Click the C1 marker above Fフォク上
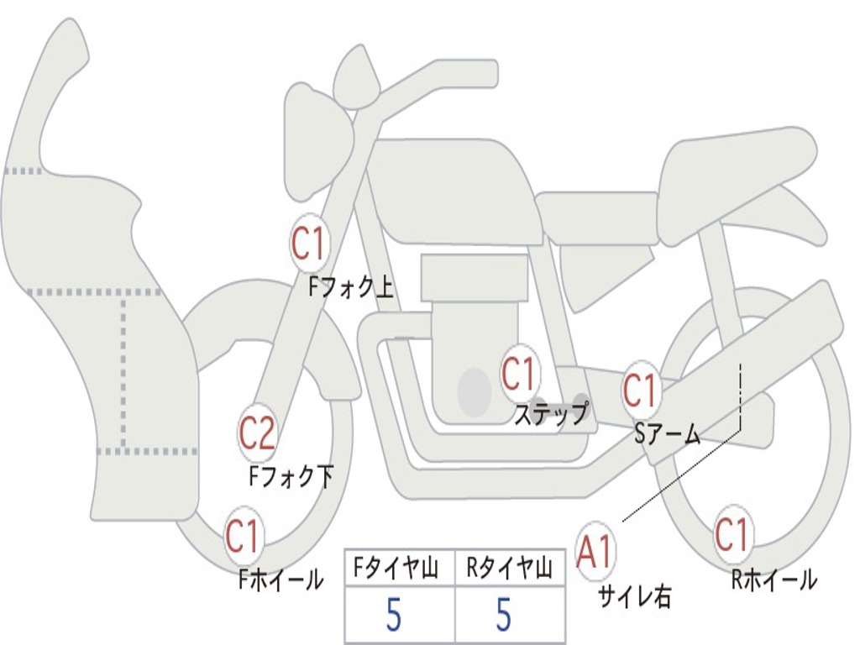point(310,244)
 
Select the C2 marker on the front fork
point(258,433)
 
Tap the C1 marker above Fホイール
point(243,535)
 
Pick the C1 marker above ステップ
point(519,374)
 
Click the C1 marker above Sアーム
point(640,390)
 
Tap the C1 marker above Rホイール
point(732,534)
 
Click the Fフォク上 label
point(351,286)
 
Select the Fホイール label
point(281,579)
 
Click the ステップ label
point(551,413)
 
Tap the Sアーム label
point(668,434)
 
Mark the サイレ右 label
point(635,596)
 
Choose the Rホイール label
point(774,579)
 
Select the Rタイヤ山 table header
point(510,568)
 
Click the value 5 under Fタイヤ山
point(394,615)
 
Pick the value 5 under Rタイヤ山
point(504,615)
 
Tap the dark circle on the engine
point(474,391)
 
